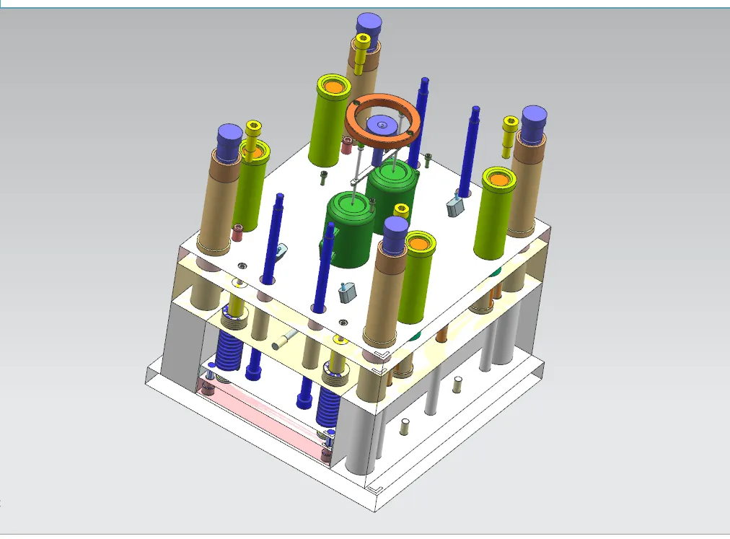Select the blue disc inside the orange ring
382,126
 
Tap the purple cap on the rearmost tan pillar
368,24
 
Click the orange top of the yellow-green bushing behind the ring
333,87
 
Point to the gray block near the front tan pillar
348,292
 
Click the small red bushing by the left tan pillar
238,233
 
